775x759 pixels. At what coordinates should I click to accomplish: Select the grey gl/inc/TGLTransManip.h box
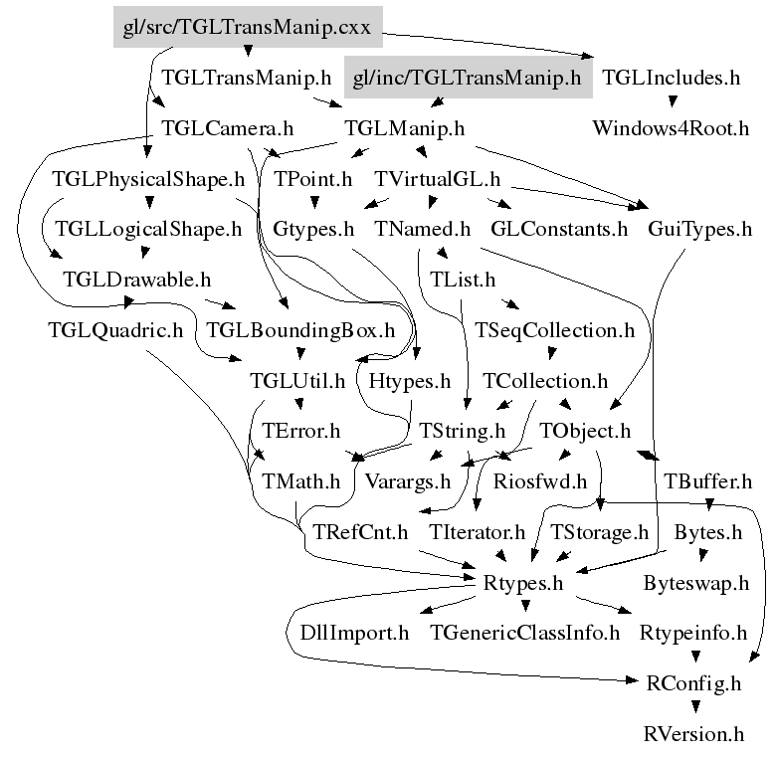click(468, 78)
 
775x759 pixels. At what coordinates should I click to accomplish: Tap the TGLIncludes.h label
click(672, 78)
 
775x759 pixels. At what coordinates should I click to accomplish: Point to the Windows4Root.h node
click(671, 128)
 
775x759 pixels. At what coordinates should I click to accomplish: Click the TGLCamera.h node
click(228, 128)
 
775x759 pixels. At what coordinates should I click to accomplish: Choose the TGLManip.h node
click(404, 128)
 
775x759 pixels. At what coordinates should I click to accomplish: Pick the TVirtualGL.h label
click(437, 179)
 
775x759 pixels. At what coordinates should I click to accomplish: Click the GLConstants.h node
click(560, 230)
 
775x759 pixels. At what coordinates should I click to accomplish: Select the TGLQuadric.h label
click(115, 330)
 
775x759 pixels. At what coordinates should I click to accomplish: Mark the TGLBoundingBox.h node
click(300, 330)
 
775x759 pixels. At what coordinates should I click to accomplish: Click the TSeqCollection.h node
click(554, 330)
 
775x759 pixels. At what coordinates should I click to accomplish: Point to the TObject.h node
click(585, 432)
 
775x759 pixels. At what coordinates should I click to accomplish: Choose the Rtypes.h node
click(524, 583)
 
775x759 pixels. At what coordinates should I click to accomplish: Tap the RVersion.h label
click(694, 735)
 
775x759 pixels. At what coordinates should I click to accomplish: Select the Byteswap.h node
click(695, 583)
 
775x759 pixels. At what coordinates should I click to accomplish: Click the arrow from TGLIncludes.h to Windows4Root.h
click(672, 102)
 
